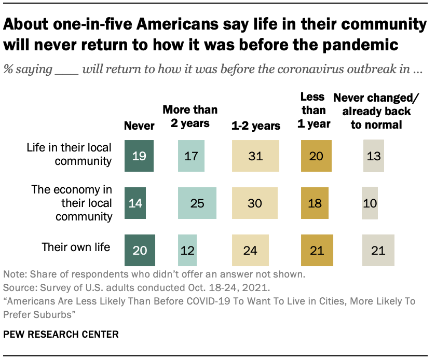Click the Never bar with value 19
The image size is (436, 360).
pyautogui.click(x=140, y=155)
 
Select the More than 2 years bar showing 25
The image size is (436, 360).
pyautogui.click(x=197, y=203)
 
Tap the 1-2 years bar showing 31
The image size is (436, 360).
pyautogui.click(x=255, y=155)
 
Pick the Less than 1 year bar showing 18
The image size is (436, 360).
pyautogui.click(x=315, y=203)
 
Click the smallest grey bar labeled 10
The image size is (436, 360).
pyautogui.click(x=370, y=203)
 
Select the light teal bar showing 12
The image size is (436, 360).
pyautogui.click(x=187, y=250)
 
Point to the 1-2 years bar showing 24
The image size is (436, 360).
pyautogui.click(x=250, y=250)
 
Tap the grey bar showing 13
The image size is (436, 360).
pyautogui.click(x=373, y=155)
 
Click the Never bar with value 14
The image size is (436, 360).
pyautogui.click(x=135, y=203)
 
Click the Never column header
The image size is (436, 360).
pyautogui.click(x=139, y=126)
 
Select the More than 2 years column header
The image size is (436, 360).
pyautogui.click(x=190, y=116)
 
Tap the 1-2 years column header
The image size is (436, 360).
pyautogui.click(x=256, y=126)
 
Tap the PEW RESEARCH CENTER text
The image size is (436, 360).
pyautogui.click(x=61, y=334)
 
